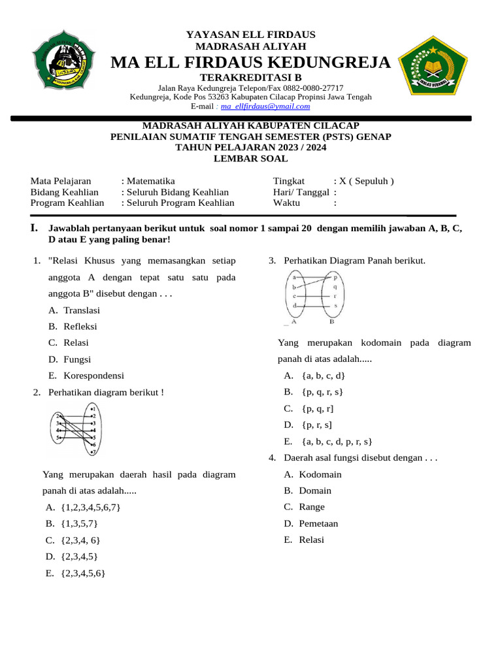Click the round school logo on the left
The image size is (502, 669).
coord(63,59)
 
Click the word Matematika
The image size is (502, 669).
coord(151,181)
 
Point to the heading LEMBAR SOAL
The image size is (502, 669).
coord(250,158)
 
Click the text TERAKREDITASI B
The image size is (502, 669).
coord(250,77)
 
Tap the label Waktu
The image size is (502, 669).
coord(286,203)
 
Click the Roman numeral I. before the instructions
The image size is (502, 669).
coord(34,228)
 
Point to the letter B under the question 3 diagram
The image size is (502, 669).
coord(332,321)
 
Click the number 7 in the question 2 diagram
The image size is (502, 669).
coord(94,451)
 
